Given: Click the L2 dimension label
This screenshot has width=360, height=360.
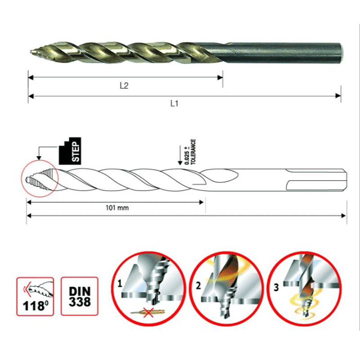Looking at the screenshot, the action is [x=124, y=85].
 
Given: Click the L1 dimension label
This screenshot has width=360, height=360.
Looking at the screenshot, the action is [x=174, y=103].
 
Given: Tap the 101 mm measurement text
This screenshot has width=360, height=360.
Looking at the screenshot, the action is [x=117, y=208].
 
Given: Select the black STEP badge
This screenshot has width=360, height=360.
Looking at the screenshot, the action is [x=70, y=151].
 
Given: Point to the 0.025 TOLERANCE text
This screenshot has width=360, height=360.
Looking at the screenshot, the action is [x=190, y=152].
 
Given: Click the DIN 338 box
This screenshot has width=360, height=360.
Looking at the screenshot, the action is [x=80, y=296].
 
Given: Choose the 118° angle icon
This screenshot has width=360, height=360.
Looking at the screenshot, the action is [x=35, y=297].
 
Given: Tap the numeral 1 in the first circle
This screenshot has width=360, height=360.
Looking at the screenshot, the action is [x=120, y=284].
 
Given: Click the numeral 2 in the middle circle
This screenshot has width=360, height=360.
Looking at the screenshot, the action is [x=198, y=286].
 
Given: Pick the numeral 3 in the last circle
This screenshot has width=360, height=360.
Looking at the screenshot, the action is [x=276, y=288].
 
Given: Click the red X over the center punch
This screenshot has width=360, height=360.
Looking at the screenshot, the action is [x=148, y=312].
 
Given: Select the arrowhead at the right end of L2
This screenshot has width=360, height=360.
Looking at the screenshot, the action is [x=220, y=77].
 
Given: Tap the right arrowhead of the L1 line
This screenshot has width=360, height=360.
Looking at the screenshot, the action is [x=338, y=96].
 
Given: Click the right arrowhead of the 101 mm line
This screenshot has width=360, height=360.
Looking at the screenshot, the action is [x=201, y=202].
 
